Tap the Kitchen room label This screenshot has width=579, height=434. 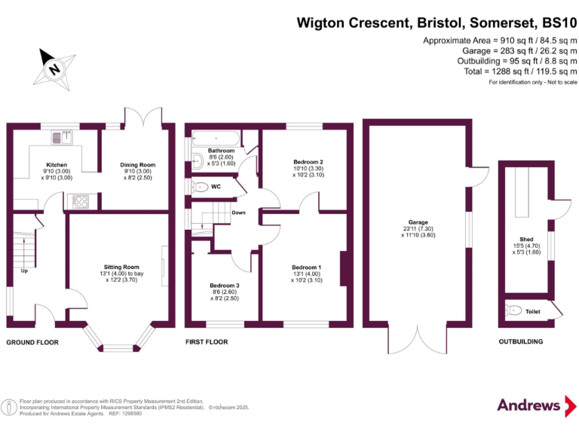click(57, 164)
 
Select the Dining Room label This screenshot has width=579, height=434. click(138, 164)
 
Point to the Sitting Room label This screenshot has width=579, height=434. click(121, 267)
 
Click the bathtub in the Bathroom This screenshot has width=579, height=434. click(216, 139)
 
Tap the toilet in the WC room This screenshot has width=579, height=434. click(199, 187)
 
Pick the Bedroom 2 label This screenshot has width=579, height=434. click(308, 162)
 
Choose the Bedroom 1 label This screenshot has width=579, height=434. click(307, 267)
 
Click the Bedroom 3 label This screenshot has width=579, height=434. click(225, 286)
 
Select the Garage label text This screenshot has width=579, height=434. click(418, 222)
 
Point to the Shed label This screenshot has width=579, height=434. click(526, 239)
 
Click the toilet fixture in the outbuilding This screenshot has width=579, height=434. click(514, 310)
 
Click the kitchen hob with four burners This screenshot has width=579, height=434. click(78, 201)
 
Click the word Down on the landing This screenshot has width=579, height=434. click(238, 212)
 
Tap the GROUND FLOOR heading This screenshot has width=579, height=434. click(32, 342)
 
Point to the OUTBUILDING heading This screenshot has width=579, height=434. click(520, 342)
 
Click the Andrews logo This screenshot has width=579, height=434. click(530, 405)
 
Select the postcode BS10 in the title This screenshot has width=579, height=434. click(556, 23)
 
